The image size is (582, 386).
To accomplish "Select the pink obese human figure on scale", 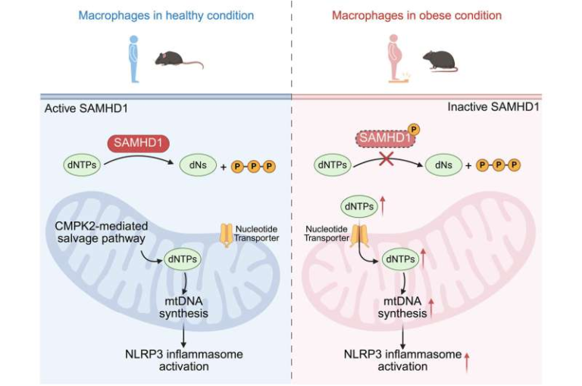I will pos(395,60).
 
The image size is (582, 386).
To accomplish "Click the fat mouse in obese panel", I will pos(439,60).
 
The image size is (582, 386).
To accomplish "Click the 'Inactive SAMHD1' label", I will pos(493,106).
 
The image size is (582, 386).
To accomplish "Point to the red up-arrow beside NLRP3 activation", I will pos(467,360).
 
